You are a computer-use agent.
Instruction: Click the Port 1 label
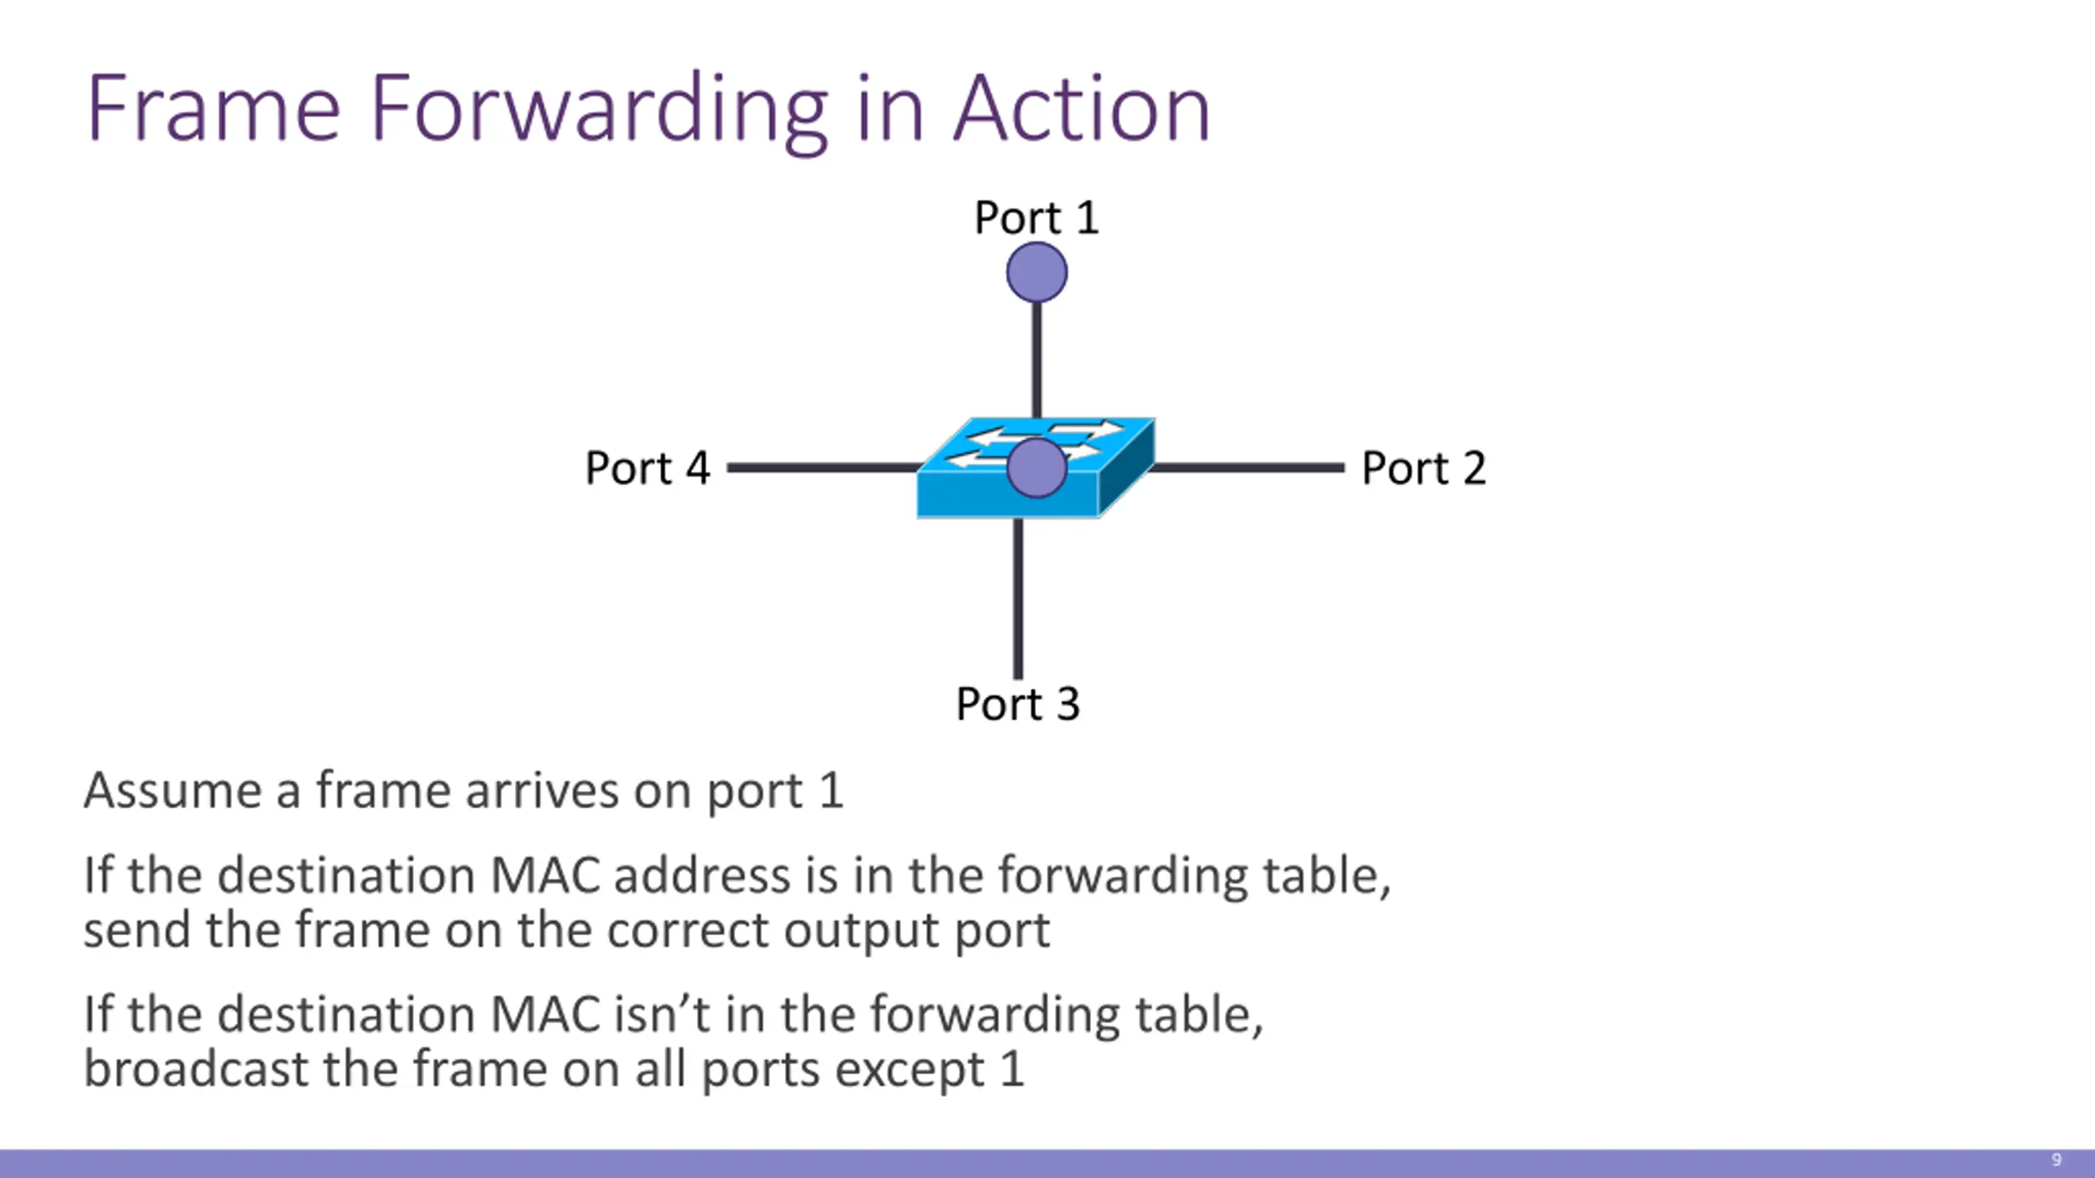[x=1036, y=218]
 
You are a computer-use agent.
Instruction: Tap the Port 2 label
[x=1424, y=469]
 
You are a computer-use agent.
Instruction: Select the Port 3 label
[x=1018, y=704]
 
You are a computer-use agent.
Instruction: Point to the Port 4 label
[x=647, y=469]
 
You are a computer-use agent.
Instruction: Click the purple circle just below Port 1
[x=1037, y=272]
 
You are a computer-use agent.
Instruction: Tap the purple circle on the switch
[x=1037, y=467]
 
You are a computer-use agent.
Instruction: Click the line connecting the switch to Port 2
[x=1247, y=468]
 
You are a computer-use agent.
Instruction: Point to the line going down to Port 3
[x=1018, y=599]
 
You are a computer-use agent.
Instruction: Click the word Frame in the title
[x=214, y=109]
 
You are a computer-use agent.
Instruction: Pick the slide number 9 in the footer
[x=2057, y=1160]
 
